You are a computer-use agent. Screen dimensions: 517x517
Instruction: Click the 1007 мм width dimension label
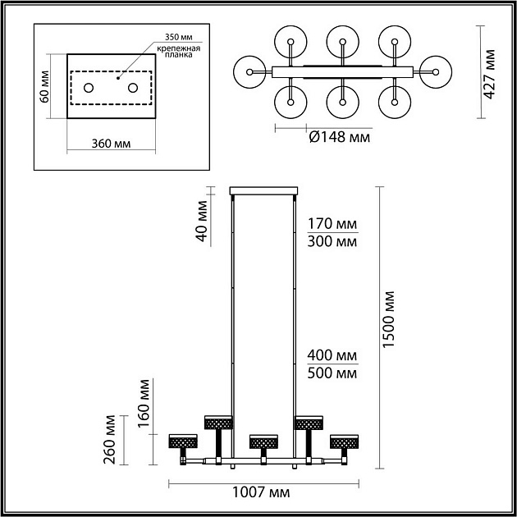click(x=261, y=492)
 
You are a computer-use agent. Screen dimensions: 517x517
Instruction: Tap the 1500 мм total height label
click(x=389, y=319)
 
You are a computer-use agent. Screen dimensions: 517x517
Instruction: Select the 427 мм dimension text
click(x=489, y=74)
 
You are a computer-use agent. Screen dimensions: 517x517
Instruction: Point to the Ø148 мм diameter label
click(x=340, y=137)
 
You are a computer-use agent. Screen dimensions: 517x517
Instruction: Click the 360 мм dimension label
click(x=111, y=144)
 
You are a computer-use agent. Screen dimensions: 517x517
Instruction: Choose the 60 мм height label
click(x=44, y=87)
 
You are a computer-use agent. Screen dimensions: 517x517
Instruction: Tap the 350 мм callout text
click(x=179, y=37)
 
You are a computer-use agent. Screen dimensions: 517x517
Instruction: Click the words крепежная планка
click(x=178, y=52)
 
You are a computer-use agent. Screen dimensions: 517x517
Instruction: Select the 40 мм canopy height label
click(x=201, y=221)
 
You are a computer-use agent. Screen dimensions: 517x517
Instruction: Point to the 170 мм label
click(x=332, y=224)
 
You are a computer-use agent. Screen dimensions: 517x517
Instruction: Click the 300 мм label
click(x=332, y=242)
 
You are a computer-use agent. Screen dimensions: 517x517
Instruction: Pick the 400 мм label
click(x=332, y=355)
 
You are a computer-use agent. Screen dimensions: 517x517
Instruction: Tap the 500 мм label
click(x=332, y=373)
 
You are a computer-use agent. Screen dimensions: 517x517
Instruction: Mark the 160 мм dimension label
click(x=144, y=404)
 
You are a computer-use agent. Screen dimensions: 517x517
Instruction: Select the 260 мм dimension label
click(x=109, y=440)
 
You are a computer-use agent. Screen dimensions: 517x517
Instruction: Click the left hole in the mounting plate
click(x=89, y=88)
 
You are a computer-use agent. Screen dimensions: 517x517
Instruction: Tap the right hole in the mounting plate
click(x=133, y=88)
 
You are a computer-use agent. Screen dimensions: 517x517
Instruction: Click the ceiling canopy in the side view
click(x=263, y=190)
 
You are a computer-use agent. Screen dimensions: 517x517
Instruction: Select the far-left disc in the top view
click(x=249, y=72)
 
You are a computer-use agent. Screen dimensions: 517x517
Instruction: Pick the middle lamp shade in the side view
click(x=263, y=442)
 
